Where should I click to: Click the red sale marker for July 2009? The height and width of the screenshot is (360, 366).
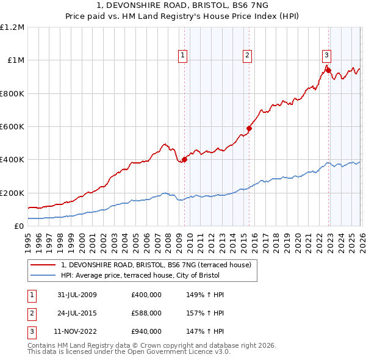click(184, 160)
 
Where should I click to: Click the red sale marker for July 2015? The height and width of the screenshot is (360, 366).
click(249, 128)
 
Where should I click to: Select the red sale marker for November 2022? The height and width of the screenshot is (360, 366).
click(328, 70)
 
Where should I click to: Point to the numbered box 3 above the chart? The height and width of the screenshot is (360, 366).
click(326, 54)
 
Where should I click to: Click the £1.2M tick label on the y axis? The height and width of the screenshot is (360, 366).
click(12, 27)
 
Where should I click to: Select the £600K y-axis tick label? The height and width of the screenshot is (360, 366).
click(12, 127)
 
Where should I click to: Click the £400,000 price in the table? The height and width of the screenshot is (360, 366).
click(146, 295)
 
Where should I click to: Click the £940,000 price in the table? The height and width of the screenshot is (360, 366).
click(146, 331)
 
